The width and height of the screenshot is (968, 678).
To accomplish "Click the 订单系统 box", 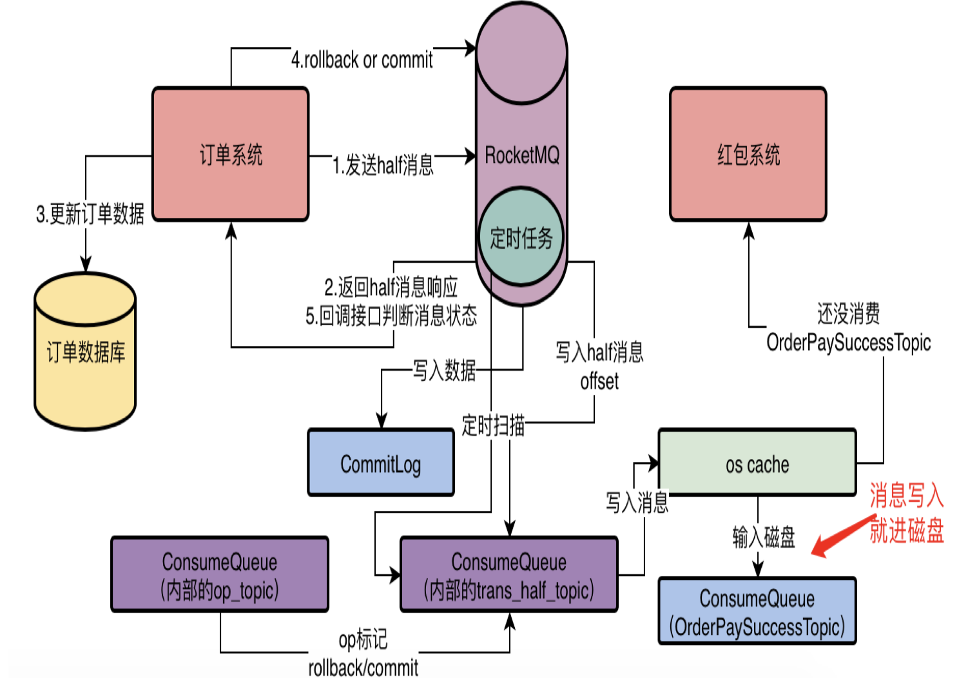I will pyautogui.click(x=230, y=155).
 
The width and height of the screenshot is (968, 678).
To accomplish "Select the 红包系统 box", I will pyautogui.click(x=748, y=155).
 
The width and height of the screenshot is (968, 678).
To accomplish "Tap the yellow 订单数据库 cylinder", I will pyautogui.click(x=85, y=352).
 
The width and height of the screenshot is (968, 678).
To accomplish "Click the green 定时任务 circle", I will pyautogui.click(x=521, y=238).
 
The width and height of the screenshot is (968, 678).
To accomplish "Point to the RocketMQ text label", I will pyautogui.click(x=522, y=155).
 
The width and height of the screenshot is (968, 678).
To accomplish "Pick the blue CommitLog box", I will pyautogui.click(x=380, y=463).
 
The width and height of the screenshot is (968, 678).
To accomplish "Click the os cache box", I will pyautogui.click(x=757, y=463).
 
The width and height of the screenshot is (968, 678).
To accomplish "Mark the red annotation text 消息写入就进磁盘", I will pyautogui.click(x=906, y=513).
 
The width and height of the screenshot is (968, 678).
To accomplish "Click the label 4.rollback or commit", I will pyautogui.click(x=362, y=60).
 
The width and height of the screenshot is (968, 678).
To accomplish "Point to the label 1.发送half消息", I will pyautogui.click(x=383, y=165).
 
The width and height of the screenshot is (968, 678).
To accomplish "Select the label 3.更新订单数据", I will pyautogui.click(x=90, y=214).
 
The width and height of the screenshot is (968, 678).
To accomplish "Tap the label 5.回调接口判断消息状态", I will pyautogui.click(x=391, y=316).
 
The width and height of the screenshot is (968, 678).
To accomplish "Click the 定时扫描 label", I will pyautogui.click(x=493, y=425).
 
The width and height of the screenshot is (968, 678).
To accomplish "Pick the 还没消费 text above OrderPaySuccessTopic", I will pyautogui.click(x=848, y=314).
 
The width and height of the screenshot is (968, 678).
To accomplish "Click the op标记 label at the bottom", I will pyautogui.click(x=363, y=639).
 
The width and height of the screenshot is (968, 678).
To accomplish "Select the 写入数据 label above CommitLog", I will pyautogui.click(x=444, y=370).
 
